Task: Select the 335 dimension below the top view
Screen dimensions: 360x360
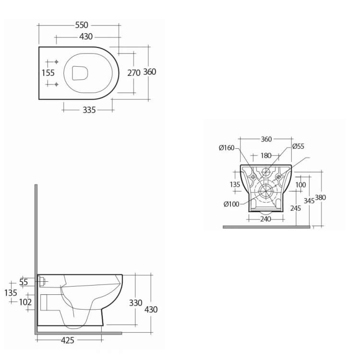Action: [x=89, y=110]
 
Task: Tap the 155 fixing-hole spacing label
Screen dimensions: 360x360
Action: [x=48, y=73]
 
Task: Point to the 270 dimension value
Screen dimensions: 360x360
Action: [x=133, y=73]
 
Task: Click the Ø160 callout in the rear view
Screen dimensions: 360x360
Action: [x=227, y=148]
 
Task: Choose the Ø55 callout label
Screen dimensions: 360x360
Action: [x=298, y=146]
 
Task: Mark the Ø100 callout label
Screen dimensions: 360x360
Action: [x=231, y=204]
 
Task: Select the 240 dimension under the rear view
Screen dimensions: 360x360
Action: [x=265, y=219]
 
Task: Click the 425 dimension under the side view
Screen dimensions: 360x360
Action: [x=68, y=340]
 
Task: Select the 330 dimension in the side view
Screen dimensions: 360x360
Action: [x=136, y=303]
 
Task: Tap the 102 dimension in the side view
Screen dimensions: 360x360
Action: [x=25, y=302]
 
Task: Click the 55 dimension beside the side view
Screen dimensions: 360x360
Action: [x=24, y=282]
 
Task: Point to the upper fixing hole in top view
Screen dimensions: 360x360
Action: [x=56, y=62]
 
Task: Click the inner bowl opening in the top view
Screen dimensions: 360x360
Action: [x=80, y=73]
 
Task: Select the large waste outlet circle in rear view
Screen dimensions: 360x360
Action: [x=265, y=191]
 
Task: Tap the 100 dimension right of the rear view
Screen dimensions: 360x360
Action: [x=300, y=185]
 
